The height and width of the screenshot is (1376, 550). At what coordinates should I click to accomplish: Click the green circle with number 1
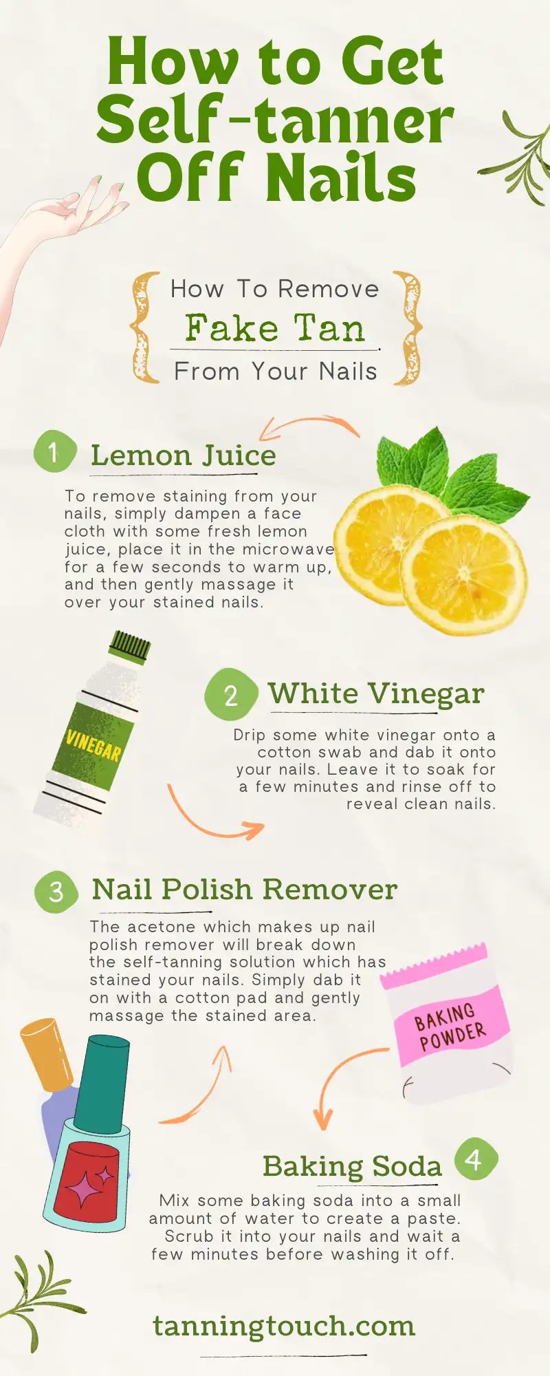(54, 452)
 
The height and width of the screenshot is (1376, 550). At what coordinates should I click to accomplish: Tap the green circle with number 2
(230, 694)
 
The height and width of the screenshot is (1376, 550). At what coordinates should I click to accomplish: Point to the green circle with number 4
(475, 1160)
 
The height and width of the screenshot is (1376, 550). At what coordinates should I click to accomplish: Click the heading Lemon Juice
(183, 455)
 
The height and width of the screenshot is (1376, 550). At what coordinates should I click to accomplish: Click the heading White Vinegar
(376, 694)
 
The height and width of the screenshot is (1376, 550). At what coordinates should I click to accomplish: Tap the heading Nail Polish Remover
(244, 890)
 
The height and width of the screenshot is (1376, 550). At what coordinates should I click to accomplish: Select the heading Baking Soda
(352, 1166)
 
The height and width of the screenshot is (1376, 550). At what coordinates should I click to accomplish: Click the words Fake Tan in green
(274, 328)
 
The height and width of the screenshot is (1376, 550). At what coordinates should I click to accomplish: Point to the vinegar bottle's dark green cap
(130, 647)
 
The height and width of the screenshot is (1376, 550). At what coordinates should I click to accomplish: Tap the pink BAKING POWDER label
(451, 1026)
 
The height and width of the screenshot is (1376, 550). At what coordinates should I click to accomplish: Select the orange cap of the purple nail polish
(47, 1053)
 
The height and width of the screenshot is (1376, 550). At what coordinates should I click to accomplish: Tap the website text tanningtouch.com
(283, 1326)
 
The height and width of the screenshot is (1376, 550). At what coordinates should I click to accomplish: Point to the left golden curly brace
(144, 327)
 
